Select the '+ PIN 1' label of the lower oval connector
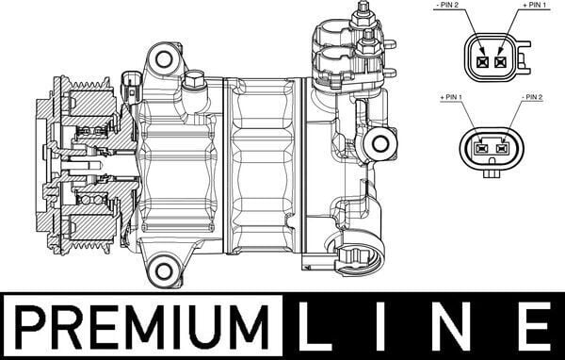455,97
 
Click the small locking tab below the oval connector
492,172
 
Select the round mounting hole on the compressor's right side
380,144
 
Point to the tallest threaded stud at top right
363,16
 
